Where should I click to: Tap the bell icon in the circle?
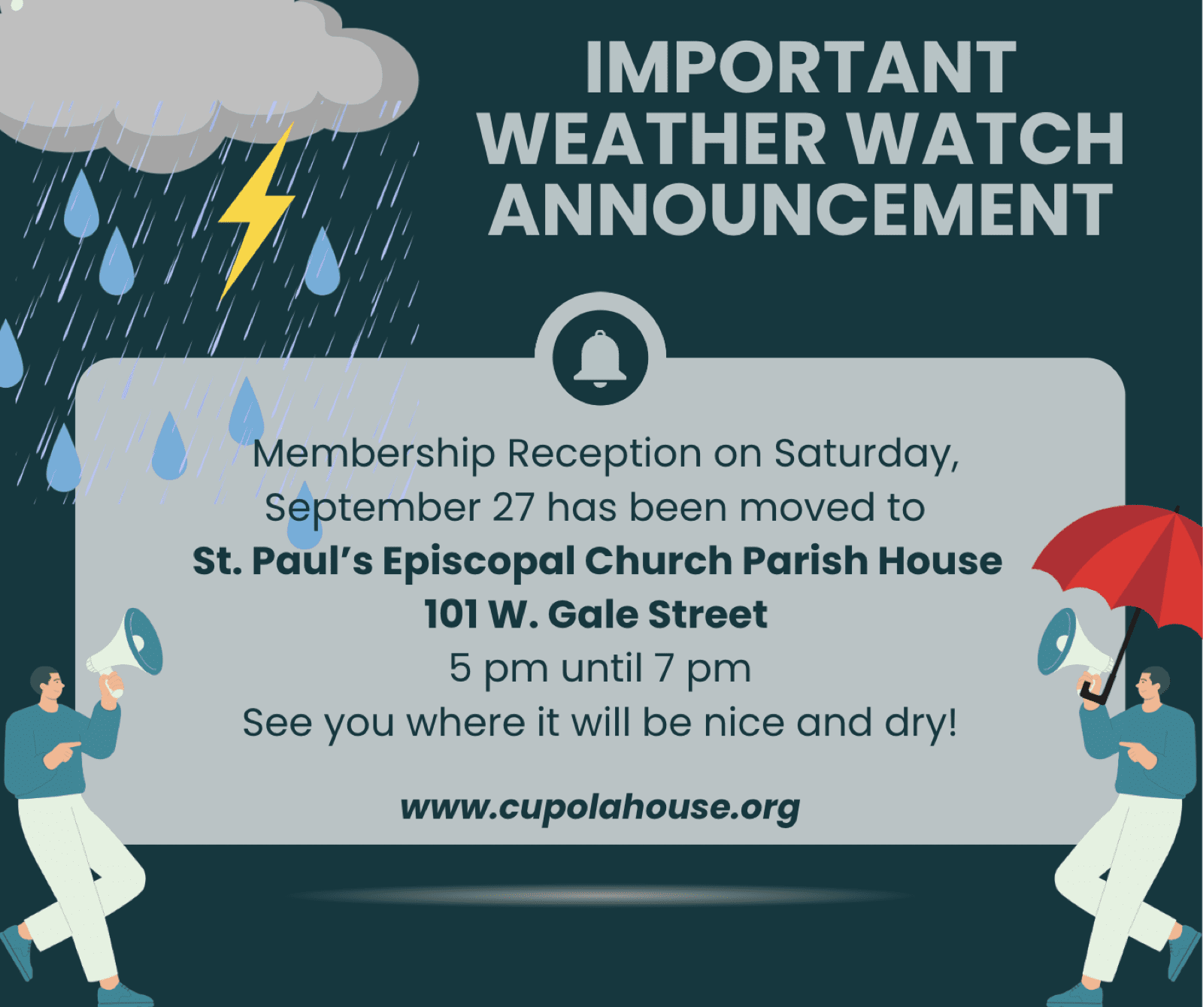pyautogui.click(x=600, y=358)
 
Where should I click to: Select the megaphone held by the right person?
pyautogui.click(x=1071, y=646)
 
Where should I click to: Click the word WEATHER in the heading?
pyautogui.click(x=653, y=138)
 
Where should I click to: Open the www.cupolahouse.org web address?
pyautogui.click(x=600, y=808)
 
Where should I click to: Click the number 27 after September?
pyautogui.click(x=513, y=507)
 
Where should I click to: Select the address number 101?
pyautogui.click(x=449, y=614)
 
